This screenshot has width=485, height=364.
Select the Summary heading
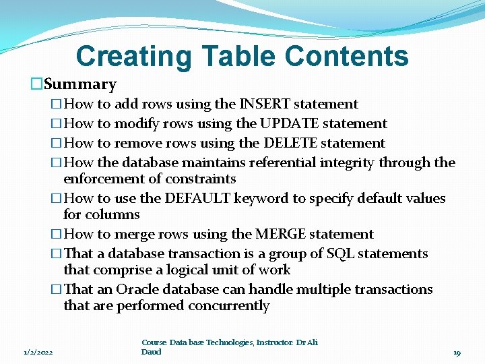coord(79,84)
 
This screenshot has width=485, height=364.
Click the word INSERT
coord(263,104)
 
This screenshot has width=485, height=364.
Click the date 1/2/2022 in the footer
coord(39,352)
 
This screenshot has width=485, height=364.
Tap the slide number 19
coord(457,353)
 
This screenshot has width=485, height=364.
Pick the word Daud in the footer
coord(152,352)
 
